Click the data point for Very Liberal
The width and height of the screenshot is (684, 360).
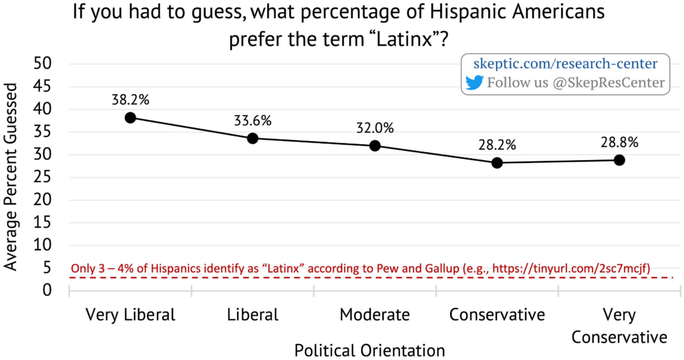coord(130,118)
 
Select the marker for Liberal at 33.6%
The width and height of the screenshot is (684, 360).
coord(252,138)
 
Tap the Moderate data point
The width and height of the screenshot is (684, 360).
coord(375,146)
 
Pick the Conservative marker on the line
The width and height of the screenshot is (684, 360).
coord(497,162)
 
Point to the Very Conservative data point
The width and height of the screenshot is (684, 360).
coord(619,160)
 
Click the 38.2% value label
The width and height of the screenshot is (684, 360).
coord(130,100)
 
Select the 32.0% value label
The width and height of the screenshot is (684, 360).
coord(375,128)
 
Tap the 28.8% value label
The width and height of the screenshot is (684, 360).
coord(619,142)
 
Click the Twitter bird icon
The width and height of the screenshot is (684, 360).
coord(474,83)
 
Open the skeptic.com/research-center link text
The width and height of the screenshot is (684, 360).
coord(565,64)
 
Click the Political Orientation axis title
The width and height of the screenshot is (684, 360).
coord(369,349)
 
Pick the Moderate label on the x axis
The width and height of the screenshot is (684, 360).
coord(375,314)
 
